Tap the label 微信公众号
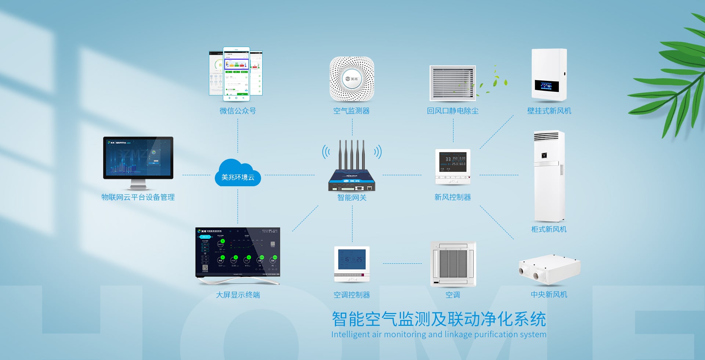tap(238, 111)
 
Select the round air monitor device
tap(352, 79)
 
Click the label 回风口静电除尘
tap(452, 111)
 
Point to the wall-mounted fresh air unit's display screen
tap(546, 86)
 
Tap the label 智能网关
tap(352, 197)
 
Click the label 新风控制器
tap(452, 197)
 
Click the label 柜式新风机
tap(549, 229)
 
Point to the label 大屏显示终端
tap(238, 295)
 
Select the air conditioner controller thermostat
tap(352, 263)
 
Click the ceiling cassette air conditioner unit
tap(453, 263)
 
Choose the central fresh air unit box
tap(549, 269)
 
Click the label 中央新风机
tap(549, 295)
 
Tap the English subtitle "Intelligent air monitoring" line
tap(438, 334)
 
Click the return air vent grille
tap(453, 83)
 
